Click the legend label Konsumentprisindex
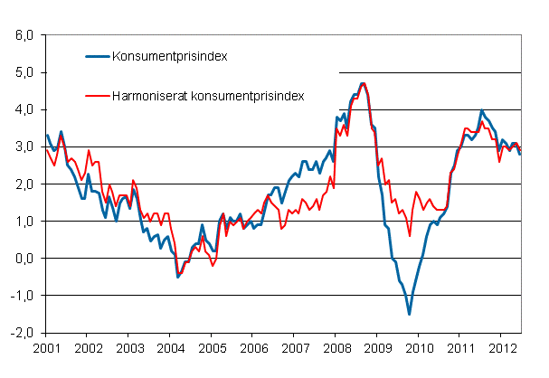pyautogui.click(x=168, y=56)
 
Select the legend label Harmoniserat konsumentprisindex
pyautogui.click(x=208, y=94)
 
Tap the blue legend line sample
pyautogui.click(x=96, y=56)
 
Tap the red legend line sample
pyautogui.click(x=96, y=94)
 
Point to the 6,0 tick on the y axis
pyautogui.click(x=22, y=35)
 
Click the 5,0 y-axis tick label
pyautogui.click(x=22, y=72)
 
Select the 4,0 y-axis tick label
pyautogui.click(x=22, y=109)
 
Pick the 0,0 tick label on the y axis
pyautogui.click(x=22, y=258)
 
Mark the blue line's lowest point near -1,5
pyautogui.click(x=409, y=314)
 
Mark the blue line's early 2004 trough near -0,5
pyautogui.click(x=177, y=277)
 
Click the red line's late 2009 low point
pyautogui.click(x=409, y=235)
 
